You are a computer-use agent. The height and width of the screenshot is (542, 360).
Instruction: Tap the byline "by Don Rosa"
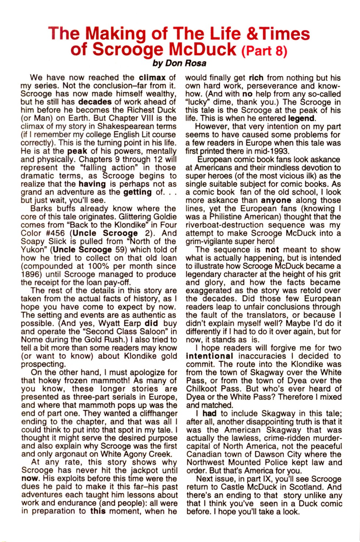tap(179, 63)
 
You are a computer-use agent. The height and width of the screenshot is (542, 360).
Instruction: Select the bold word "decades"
tap(95, 102)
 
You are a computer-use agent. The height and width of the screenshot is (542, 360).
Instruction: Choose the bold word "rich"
tap(256, 78)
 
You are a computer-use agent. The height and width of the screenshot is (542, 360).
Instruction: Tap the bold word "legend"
tap(301, 118)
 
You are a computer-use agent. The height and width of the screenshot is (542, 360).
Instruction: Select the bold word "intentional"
tap(209, 356)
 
